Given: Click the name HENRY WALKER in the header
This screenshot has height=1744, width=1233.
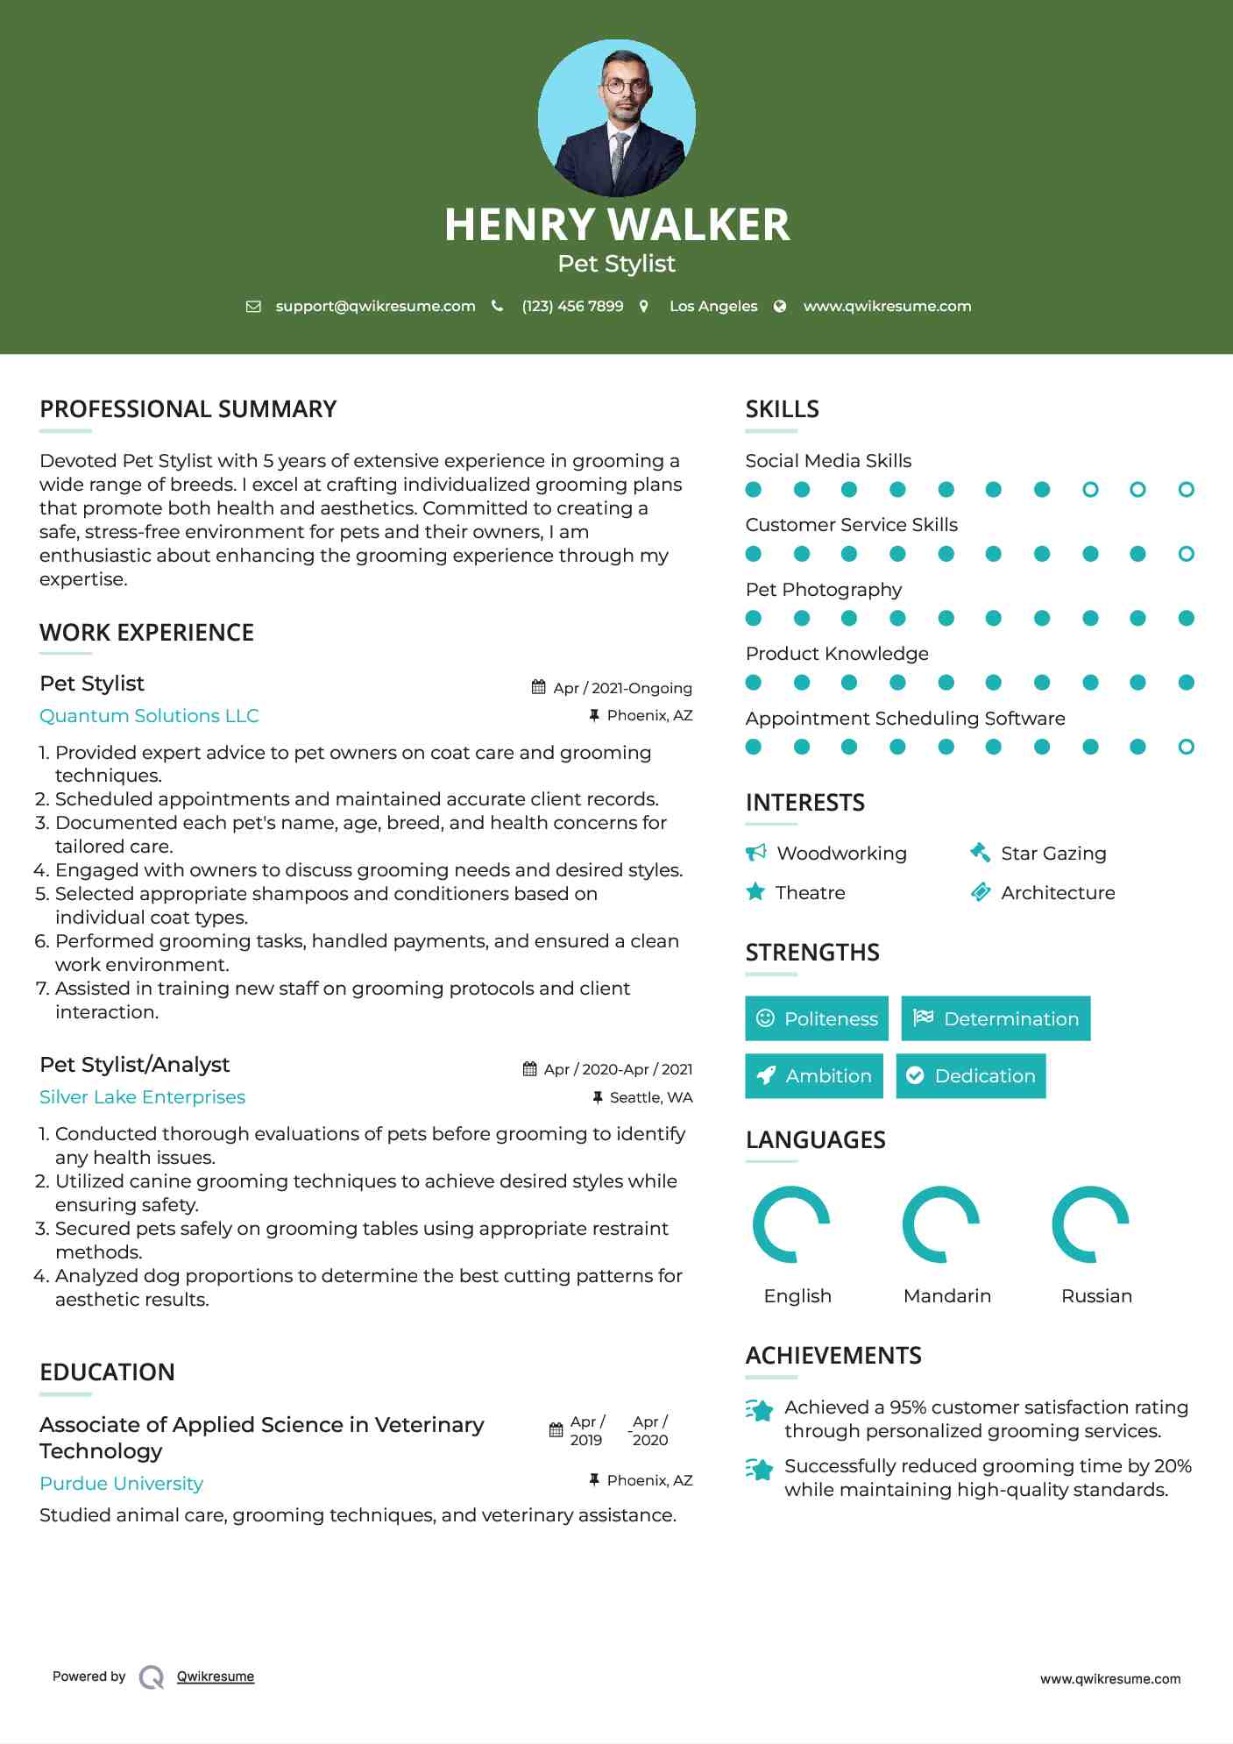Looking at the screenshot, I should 616,224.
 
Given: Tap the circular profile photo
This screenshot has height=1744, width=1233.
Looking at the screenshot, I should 616,117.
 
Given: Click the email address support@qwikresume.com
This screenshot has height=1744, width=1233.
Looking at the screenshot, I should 375,306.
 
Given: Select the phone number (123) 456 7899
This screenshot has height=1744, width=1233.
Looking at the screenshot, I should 572,306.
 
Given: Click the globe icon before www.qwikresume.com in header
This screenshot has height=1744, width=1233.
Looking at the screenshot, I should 780,306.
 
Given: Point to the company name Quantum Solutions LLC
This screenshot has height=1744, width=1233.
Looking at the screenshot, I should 149,716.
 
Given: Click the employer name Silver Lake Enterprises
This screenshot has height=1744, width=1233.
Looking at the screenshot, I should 142,1097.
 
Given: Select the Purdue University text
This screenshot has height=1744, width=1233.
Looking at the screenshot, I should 121,1484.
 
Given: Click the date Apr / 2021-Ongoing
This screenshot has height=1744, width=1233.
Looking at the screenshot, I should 622,688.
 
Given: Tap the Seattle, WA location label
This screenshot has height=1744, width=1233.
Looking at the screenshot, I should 650,1097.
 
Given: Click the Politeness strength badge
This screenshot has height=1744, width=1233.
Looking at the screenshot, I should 816,1018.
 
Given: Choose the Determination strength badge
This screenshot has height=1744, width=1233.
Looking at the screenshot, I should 996,1018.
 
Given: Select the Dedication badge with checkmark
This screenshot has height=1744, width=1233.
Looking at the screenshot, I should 970,1075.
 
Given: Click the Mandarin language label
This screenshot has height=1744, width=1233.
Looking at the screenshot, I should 946,1295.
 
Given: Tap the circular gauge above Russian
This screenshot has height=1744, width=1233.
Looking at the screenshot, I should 1090,1224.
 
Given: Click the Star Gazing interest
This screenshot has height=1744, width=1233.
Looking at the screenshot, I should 1053,853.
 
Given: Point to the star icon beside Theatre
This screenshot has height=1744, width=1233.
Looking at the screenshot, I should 755,892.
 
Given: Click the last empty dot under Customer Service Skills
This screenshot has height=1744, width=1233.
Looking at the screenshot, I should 1186,554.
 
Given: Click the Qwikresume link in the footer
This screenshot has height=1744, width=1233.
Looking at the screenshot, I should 216,1677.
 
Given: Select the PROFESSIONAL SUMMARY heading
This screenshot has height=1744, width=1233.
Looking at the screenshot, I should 188,409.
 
